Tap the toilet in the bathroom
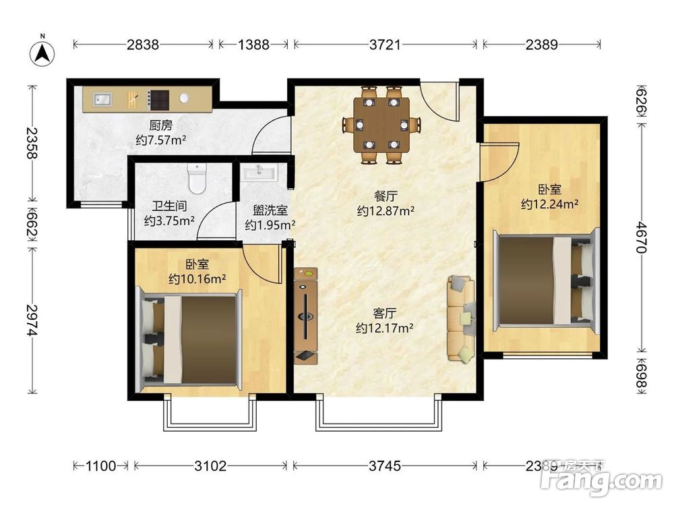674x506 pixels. (x=196, y=178)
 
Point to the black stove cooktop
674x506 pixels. (x=159, y=100)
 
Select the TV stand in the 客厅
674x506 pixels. (x=306, y=315)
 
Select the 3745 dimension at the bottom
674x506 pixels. (x=386, y=466)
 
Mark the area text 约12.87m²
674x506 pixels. (x=385, y=210)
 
